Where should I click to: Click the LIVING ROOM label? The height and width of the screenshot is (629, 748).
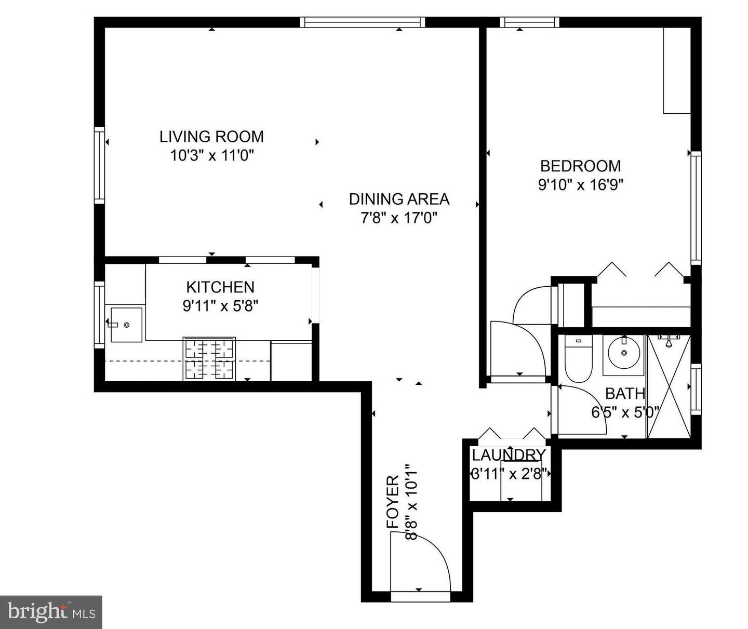point(211,137)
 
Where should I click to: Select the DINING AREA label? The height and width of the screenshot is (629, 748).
point(399,199)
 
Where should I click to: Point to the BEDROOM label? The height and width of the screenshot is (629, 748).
point(580,166)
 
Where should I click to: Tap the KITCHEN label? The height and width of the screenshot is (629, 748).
point(220,287)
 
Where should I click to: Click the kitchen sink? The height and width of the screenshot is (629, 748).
point(126,325)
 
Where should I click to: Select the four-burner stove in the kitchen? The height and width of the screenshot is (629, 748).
point(209,359)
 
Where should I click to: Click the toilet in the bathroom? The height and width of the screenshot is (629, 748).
point(578,358)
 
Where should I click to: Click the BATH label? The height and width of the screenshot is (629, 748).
point(625,393)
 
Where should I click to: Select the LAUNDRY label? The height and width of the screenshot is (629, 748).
point(509,455)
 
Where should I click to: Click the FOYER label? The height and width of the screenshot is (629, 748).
point(393,502)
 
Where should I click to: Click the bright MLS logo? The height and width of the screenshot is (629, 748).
point(51,612)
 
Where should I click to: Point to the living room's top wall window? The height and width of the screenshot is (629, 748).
point(362,22)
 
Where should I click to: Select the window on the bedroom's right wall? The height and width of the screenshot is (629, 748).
point(696,208)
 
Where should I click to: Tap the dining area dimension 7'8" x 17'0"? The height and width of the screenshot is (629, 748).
point(399,218)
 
